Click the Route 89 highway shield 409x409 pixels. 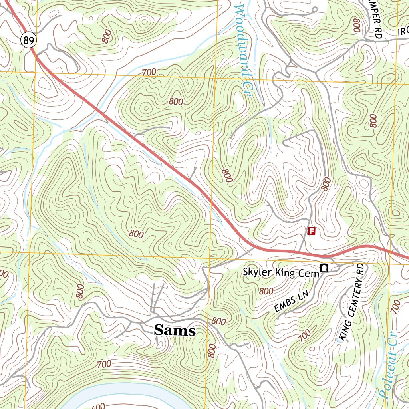tap(29, 40)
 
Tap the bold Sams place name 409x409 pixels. tap(175, 330)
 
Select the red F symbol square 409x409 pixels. tap(312, 231)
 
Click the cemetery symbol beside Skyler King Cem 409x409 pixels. tap(324, 268)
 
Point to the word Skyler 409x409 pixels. tap(258, 272)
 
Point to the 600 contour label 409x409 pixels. tap(99, 405)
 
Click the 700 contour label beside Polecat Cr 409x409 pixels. tap(395, 306)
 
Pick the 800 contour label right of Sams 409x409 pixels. tap(219, 321)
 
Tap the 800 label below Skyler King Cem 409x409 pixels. tap(266, 291)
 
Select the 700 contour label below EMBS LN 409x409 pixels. tap(304, 336)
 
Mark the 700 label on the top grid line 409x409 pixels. tap(149, 73)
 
